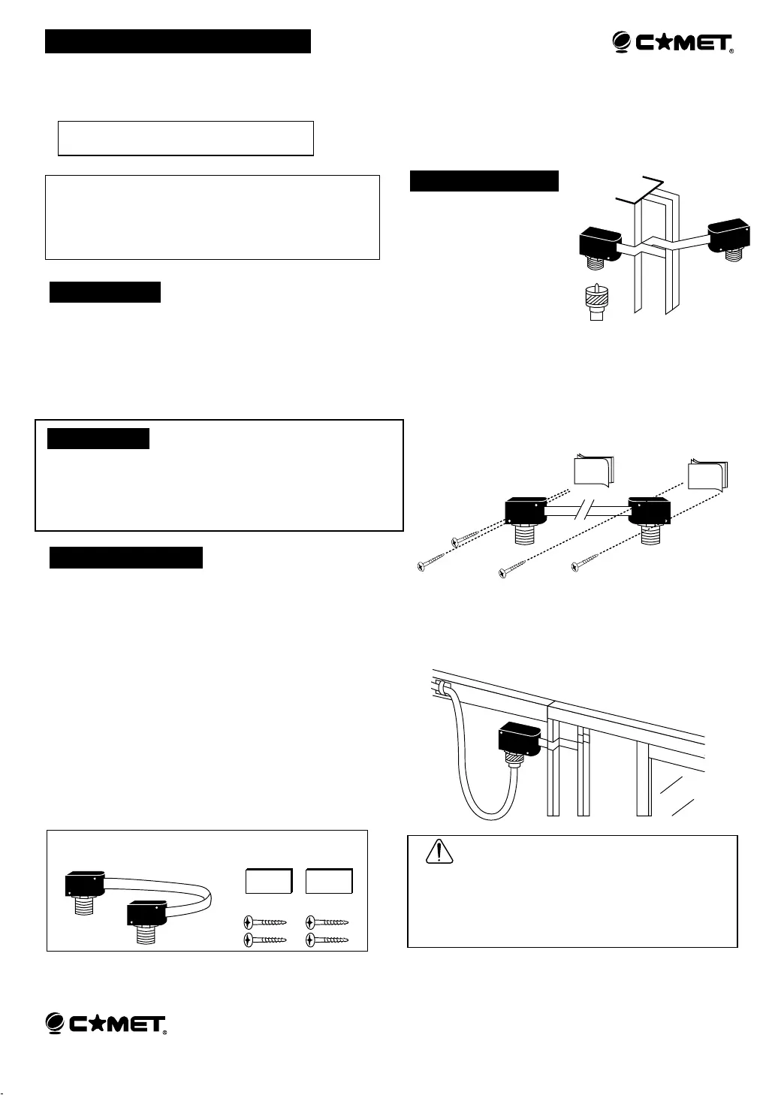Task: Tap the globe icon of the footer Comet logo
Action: [55, 1023]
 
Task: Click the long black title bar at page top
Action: [178, 41]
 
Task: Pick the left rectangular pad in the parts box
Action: [269, 881]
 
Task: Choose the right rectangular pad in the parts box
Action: [329, 881]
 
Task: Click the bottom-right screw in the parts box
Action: [327, 940]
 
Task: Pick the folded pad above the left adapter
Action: [594, 470]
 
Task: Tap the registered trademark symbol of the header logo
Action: [731, 51]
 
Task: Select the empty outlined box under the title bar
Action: [185, 138]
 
